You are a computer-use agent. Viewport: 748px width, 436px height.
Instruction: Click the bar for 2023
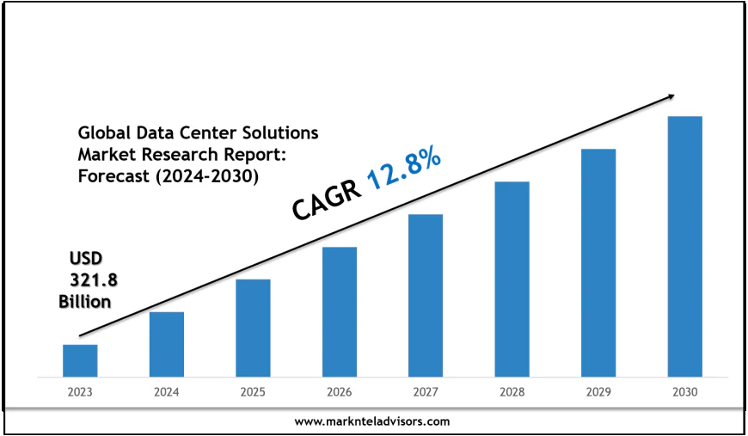tap(80, 360)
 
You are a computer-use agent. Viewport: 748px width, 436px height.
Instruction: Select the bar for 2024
tap(166, 344)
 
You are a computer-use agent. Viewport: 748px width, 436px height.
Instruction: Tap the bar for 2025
tap(253, 328)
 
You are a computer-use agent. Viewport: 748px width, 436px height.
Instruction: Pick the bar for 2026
tap(340, 311)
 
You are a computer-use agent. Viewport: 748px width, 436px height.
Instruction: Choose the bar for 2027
tap(426, 295)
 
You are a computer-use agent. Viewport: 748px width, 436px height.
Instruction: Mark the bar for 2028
tap(512, 279)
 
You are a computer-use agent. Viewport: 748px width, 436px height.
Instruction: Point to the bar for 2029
tap(598, 262)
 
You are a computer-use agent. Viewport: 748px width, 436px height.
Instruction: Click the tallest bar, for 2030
tap(685, 246)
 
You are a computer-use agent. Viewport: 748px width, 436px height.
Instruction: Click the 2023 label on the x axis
tap(79, 392)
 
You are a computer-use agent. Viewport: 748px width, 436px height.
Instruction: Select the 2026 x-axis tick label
tap(339, 392)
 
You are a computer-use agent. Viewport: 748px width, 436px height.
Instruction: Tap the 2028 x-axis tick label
tap(512, 392)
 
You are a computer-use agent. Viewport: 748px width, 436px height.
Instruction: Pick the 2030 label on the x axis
tap(685, 392)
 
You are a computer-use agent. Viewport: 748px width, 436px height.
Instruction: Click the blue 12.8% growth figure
tap(404, 170)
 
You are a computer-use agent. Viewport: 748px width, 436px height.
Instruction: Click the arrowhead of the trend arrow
tap(671, 97)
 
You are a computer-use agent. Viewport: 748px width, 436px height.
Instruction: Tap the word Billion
tap(84, 302)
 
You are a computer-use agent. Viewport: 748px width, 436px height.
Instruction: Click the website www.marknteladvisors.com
tap(371, 421)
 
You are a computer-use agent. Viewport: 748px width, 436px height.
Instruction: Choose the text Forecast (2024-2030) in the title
tap(168, 175)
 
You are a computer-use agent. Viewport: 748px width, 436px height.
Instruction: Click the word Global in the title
tap(101, 133)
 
